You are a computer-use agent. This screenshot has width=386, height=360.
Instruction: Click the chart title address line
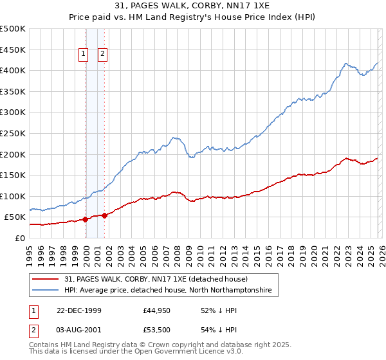[193, 6]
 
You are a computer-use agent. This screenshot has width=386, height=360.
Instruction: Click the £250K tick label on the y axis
[13, 133]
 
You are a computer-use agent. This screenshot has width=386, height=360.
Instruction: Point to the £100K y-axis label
[13, 196]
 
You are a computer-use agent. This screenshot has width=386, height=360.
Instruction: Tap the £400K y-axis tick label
[13, 71]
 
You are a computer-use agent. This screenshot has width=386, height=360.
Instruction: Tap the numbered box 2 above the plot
[102, 55]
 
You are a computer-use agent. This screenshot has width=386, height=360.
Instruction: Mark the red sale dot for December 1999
[86, 219]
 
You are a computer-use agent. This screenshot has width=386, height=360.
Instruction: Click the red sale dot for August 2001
[104, 215]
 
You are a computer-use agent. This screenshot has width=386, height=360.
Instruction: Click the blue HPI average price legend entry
[168, 291]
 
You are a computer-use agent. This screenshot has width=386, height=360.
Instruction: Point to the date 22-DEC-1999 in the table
[78, 310]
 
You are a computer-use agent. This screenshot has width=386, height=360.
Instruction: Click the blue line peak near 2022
[346, 63]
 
